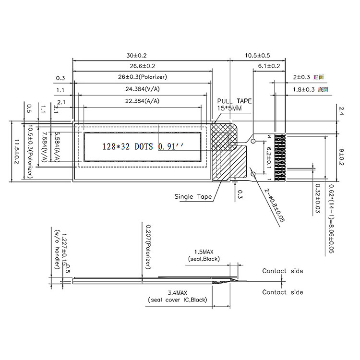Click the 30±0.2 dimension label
point(143,55)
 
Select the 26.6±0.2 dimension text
point(143,66)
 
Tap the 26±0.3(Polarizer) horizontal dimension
point(143,77)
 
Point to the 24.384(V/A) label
point(143,89)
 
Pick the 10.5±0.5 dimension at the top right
point(258,55)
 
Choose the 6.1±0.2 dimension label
point(269,66)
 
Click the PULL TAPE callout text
point(234,101)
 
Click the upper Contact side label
point(282,271)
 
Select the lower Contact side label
point(282,292)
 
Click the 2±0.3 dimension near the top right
point(302,77)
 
